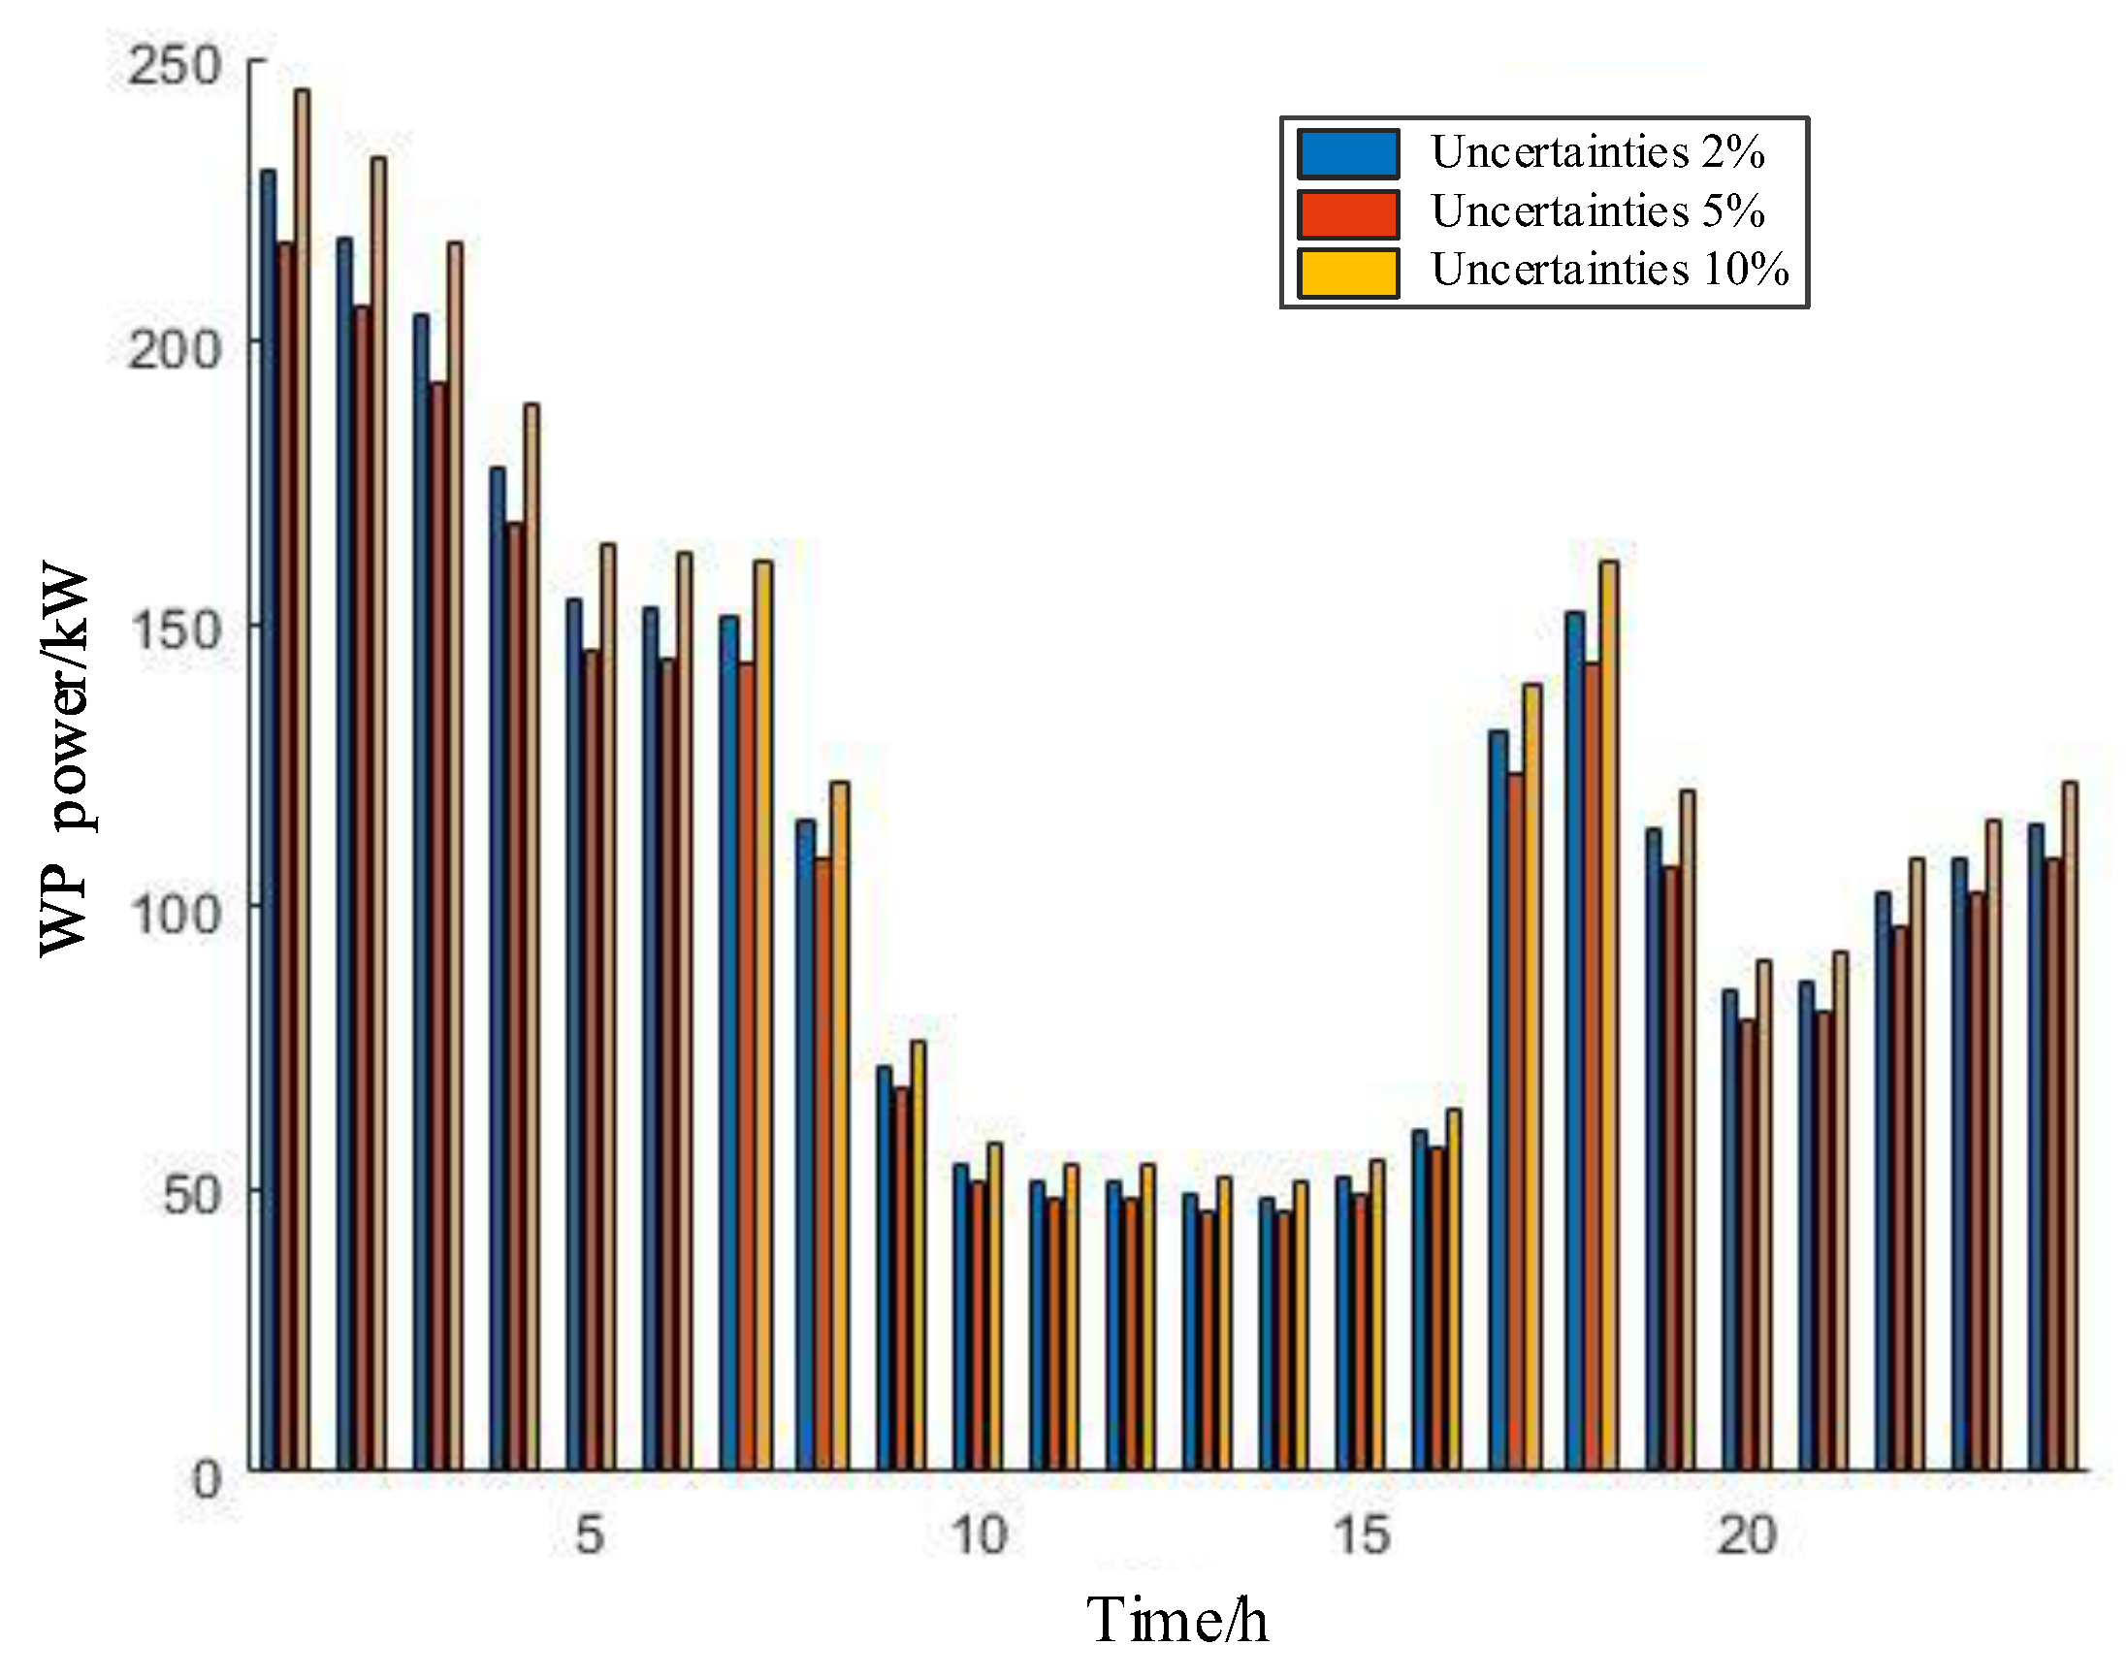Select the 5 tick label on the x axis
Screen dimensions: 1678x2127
(x=590, y=1535)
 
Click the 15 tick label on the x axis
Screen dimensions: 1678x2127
(x=1362, y=1535)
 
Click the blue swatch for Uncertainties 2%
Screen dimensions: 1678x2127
(x=1348, y=153)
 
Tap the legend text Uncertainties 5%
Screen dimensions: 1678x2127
(x=1597, y=211)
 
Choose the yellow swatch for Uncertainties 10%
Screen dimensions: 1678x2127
(x=1348, y=273)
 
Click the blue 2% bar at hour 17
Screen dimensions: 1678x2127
(x=1498, y=1099)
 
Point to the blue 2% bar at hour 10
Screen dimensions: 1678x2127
(x=961, y=1316)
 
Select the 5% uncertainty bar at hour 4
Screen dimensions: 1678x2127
(x=514, y=996)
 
